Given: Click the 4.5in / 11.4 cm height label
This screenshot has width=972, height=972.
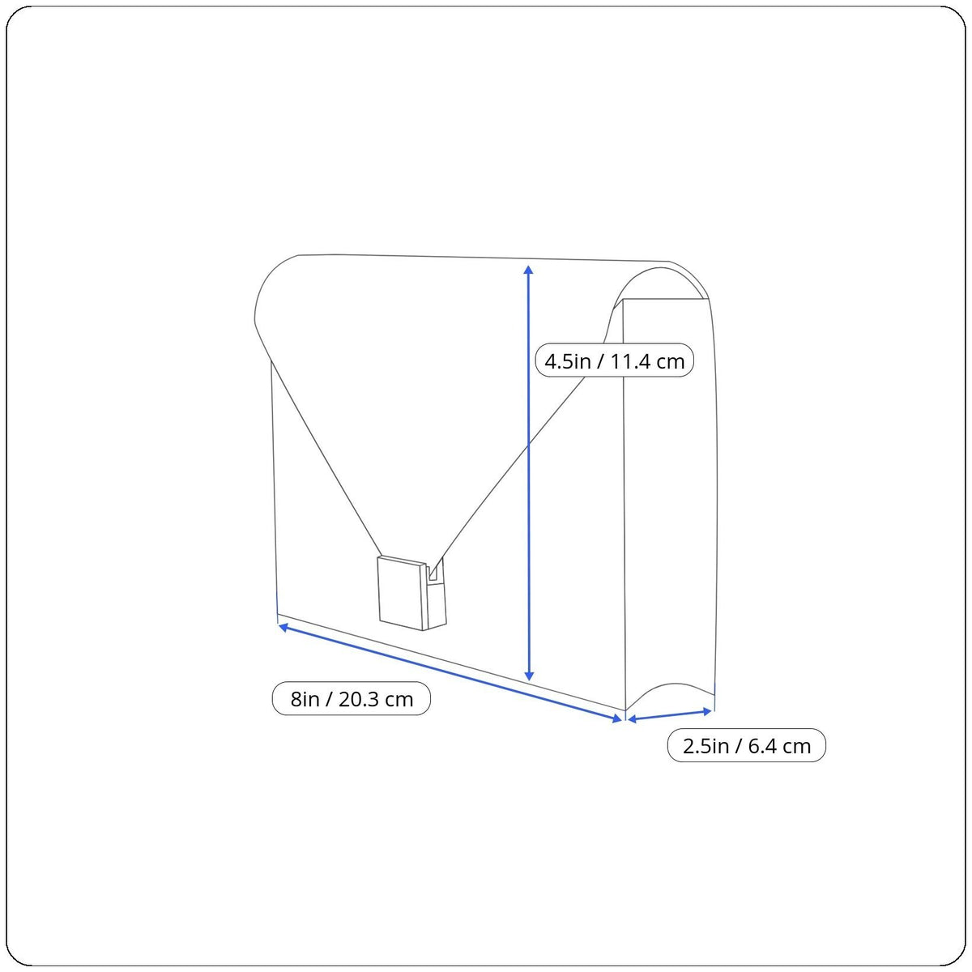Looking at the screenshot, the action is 614,360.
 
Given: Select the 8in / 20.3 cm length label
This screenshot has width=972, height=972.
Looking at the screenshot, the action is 351,698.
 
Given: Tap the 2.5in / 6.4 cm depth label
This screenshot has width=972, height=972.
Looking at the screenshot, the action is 747,745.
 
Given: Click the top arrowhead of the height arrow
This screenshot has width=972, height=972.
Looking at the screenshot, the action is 529,270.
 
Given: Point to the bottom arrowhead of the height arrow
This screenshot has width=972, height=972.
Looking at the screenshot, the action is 529,676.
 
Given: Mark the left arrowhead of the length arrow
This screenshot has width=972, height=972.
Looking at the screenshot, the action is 283,627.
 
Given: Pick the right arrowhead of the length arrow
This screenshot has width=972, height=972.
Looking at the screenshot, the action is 617,718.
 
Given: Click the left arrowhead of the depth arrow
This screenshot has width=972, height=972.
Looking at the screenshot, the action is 632,719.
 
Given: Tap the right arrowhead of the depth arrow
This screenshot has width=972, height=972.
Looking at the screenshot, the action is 707,711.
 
